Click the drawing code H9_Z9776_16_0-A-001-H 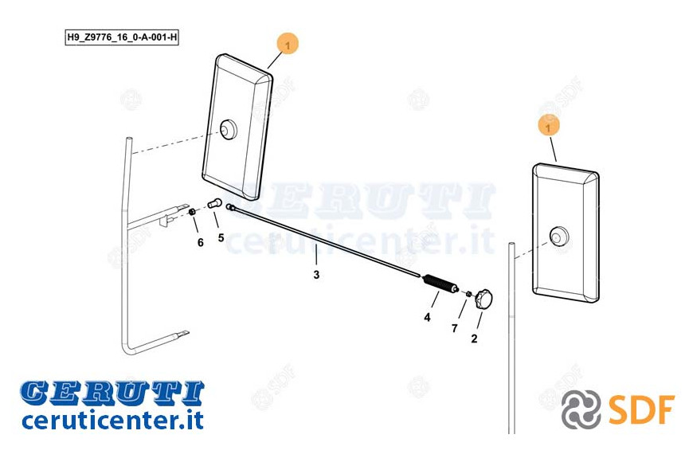point(122,37)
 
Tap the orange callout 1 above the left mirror point(288,45)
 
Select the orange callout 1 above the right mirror point(549,127)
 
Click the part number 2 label point(474,339)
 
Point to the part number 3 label point(316,275)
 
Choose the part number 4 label point(427,317)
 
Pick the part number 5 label point(221,238)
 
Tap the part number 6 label point(200,242)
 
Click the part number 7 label point(454,328)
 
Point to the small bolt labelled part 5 point(215,204)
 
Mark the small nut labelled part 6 point(192,213)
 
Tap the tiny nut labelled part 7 point(469,294)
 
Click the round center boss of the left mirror point(229,130)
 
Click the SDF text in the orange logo point(641,410)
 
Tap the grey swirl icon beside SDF point(581,409)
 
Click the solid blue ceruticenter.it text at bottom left point(112,420)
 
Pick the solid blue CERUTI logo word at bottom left point(112,393)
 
